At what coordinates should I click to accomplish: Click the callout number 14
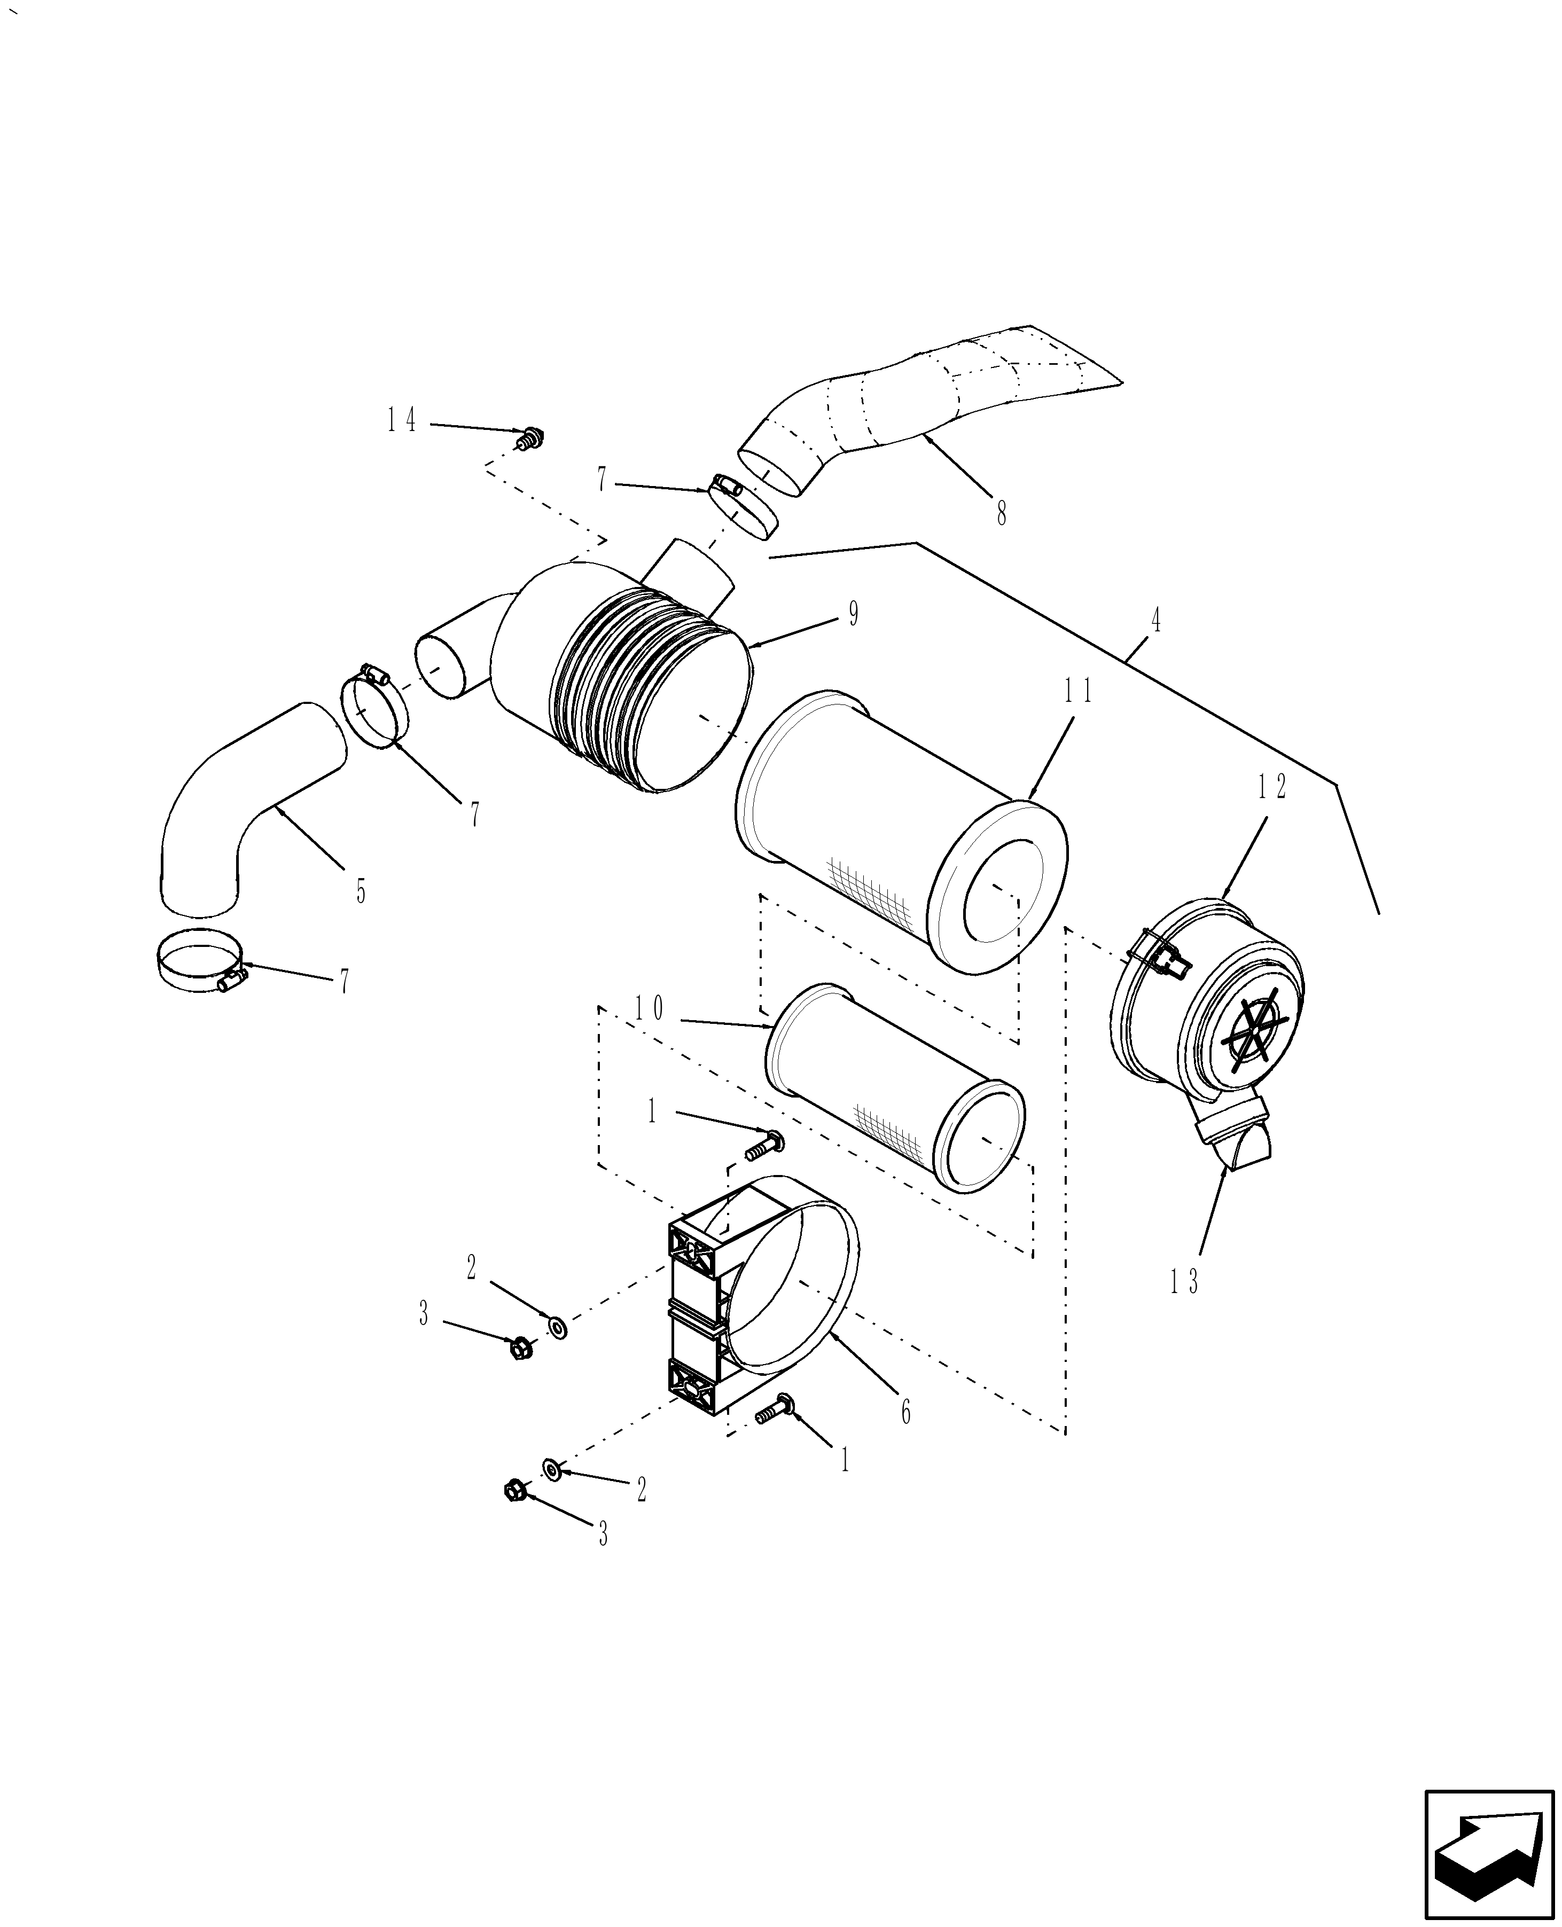coord(402,420)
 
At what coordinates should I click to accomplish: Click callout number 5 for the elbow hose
coord(360,891)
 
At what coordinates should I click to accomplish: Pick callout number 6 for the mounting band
coord(905,1413)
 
